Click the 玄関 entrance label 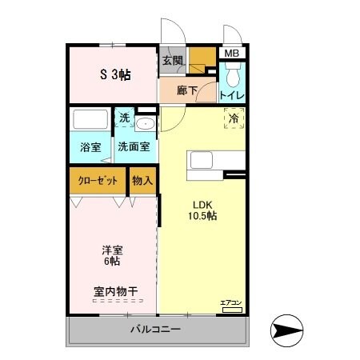pos(172,60)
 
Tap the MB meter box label pos(231,54)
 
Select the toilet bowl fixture pos(231,77)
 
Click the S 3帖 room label pos(115,74)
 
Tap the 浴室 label pos(90,147)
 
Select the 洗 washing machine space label pos(124,118)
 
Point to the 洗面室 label pos(134,147)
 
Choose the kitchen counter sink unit pos(205,161)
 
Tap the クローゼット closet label pos(98,181)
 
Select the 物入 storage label pos(142,181)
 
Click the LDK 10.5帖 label pos(203,210)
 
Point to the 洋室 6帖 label pos(110,255)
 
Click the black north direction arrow pos(289,328)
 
